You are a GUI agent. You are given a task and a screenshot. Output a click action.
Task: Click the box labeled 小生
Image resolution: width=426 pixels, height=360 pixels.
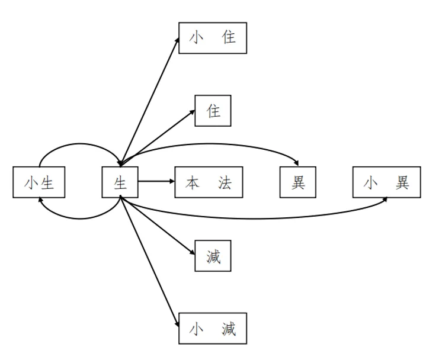tap(39, 182)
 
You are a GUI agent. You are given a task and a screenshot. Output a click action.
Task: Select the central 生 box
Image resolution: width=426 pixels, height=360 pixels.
tap(120, 182)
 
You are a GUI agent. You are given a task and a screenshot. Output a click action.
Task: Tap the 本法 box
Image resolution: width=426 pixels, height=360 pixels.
tap(209, 182)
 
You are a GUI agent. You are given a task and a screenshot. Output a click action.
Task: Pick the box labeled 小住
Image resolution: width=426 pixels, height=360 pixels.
tap(213, 38)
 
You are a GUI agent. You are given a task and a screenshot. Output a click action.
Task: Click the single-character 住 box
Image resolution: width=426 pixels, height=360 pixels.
tap(213, 111)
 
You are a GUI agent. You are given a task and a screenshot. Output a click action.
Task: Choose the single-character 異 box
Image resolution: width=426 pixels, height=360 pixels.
tap(298, 182)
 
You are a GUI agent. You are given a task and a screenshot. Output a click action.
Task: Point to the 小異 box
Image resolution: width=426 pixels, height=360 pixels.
tap(387, 182)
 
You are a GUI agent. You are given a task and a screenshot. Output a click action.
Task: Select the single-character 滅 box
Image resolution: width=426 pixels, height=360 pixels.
tap(213, 256)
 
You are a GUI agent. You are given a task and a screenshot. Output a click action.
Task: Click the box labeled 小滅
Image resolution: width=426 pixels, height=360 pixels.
tap(213, 329)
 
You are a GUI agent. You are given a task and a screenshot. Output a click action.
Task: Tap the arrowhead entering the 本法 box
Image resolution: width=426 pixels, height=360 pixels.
tap(172, 181)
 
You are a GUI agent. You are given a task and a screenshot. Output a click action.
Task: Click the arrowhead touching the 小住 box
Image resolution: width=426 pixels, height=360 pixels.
tap(177, 40)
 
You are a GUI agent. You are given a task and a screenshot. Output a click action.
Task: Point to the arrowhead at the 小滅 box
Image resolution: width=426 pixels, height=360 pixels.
tap(177, 324)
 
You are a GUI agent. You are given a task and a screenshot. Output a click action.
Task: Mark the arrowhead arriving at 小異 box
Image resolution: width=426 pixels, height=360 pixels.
tap(385, 200)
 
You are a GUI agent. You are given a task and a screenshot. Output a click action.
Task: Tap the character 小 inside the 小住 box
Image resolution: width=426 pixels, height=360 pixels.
tap(196, 37)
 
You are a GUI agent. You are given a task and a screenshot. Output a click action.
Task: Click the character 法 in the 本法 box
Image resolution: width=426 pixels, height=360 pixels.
tap(225, 183)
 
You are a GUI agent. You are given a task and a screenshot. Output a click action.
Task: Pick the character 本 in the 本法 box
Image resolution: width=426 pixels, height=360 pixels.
tap(193, 183)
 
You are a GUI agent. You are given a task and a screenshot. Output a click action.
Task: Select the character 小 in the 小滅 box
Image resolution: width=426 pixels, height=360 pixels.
tap(196, 329)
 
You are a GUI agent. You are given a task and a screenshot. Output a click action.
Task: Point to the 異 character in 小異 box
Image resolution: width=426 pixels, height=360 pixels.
tap(402, 182)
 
